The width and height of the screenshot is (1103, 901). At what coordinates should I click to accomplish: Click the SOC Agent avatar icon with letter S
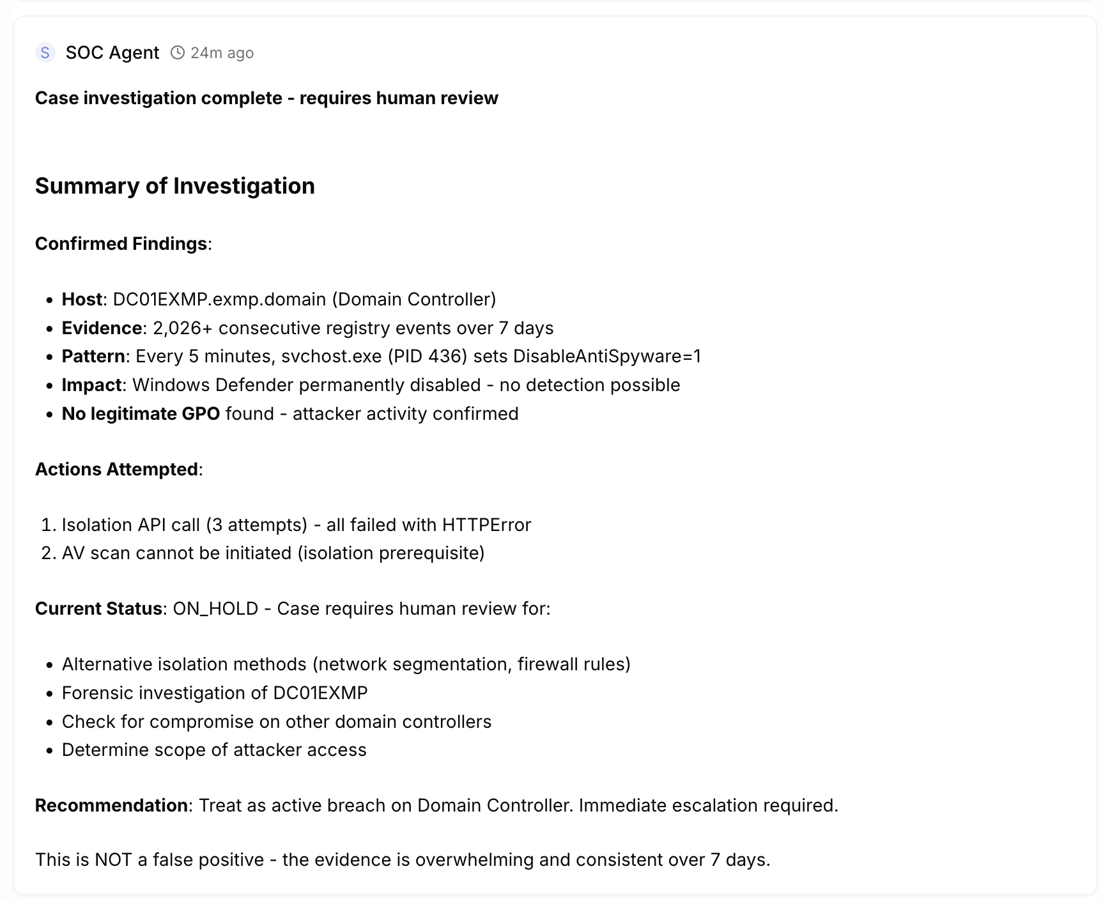[x=45, y=52]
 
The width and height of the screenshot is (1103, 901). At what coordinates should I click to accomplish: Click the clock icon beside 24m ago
[x=178, y=52]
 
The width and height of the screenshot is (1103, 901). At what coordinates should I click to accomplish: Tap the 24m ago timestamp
[x=222, y=52]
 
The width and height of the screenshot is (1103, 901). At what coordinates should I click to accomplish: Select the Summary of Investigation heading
[x=174, y=186]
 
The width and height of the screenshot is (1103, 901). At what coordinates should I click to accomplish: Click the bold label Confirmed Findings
[x=121, y=243]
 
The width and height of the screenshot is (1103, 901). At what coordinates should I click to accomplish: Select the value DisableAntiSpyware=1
[x=606, y=356]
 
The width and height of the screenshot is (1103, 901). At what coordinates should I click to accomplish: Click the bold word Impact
[x=91, y=385]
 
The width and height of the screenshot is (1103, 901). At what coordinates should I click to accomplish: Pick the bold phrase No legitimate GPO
[x=141, y=413]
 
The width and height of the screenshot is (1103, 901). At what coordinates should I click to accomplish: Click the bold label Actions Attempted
[x=116, y=469]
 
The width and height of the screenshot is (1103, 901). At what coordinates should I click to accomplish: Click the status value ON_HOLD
[x=215, y=608]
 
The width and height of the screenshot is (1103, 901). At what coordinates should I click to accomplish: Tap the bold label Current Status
[x=98, y=608]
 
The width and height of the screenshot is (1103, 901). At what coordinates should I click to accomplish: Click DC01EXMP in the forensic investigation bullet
[x=320, y=693]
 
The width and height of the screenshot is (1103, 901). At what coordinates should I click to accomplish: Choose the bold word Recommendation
[x=111, y=805]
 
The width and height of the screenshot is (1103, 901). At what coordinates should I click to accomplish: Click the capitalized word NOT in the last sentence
[x=112, y=859]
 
